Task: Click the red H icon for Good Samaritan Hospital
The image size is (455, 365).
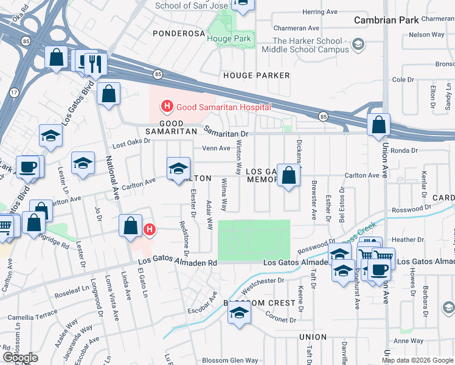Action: [167, 108]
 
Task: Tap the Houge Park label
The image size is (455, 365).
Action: [228, 38]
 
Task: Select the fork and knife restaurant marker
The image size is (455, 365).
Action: [96, 63]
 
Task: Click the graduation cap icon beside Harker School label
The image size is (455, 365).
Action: [359, 44]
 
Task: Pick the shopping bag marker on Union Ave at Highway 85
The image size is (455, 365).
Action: [378, 125]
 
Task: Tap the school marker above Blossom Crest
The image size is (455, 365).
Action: [240, 313]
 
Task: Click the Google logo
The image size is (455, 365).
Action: [20, 358]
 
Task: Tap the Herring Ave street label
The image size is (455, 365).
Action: [319, 12]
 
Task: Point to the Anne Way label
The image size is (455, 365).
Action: [408, 341]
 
